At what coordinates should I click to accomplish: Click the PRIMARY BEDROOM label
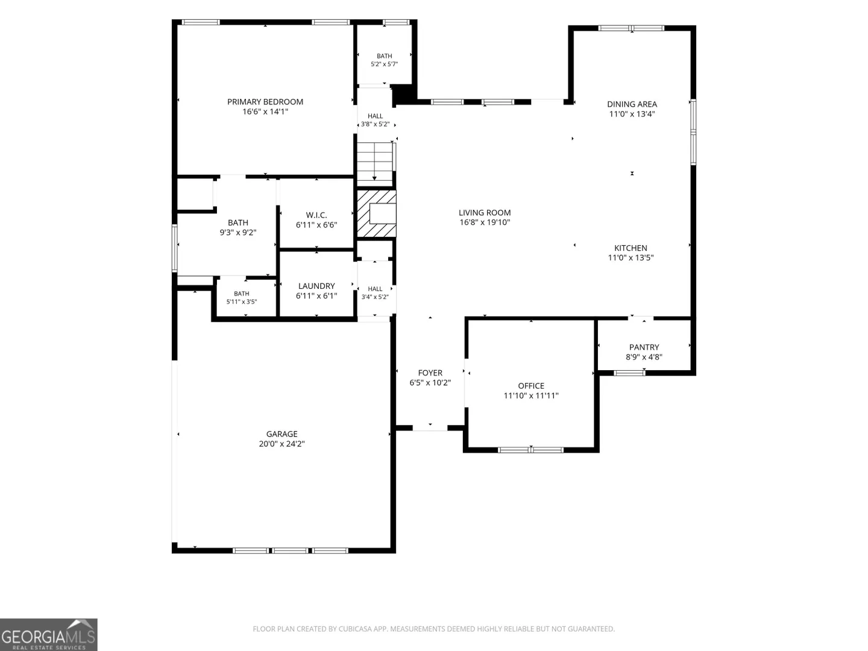tap(265, 102)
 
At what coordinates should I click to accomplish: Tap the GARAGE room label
tap(281, 434)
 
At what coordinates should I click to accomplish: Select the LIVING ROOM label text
tap(485, 213)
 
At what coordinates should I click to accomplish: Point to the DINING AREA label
tap(632, 104)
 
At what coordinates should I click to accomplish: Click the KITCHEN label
tap(631, 248)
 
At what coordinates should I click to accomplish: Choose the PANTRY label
tap(644, 347)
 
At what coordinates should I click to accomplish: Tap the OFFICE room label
tap(530, 386)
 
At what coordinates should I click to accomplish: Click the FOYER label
tap(430, 373)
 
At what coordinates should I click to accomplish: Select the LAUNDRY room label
tap(316, 286)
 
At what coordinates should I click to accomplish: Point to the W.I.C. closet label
tap(316, 215)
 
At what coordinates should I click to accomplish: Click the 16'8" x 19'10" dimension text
tap(485, 222)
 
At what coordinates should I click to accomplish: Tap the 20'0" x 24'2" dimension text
tap(281, 444)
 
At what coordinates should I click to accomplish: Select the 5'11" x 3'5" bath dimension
tap(241, 302)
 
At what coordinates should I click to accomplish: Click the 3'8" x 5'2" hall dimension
tap(375, 125)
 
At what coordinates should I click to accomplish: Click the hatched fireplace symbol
tap(377, 214)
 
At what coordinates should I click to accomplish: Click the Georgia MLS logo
tap(49, 635)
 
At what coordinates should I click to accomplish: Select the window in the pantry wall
tap(629, 373)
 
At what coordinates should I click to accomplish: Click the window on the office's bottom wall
tap(530, 450)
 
